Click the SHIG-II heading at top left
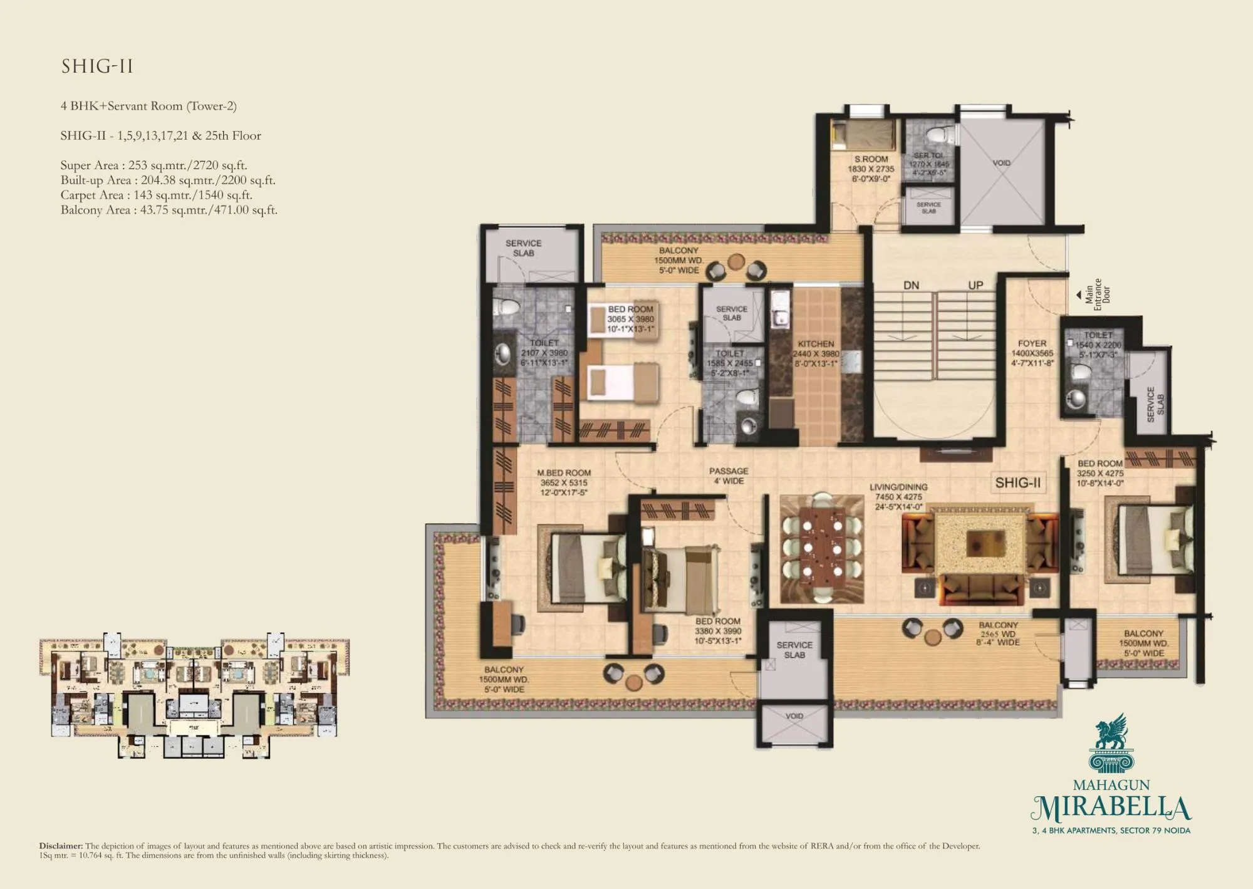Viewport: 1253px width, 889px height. pos(97,66)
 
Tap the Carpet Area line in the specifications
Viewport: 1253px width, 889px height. pos(156,195)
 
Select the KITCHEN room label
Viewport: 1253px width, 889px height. pos(816,344)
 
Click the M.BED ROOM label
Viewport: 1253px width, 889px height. pos(564,473)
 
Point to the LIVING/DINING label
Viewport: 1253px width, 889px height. pos(898,487)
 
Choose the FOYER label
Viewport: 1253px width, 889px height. pos(1032,343)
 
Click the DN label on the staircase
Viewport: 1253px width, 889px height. pos(911,286)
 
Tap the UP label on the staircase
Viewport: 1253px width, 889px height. pos(975,286)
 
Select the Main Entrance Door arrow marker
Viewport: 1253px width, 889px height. pos(1078,294)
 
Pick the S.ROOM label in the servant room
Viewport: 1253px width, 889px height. pos(871,159)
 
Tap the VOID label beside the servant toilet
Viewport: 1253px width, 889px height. pos(1001,163)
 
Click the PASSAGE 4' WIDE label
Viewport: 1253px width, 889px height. pos(728,476)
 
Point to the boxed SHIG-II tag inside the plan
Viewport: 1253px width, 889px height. pos(1017,482)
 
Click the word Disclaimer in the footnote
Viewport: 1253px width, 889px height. pos(61,846)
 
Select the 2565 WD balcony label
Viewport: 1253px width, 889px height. pos(999,633)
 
